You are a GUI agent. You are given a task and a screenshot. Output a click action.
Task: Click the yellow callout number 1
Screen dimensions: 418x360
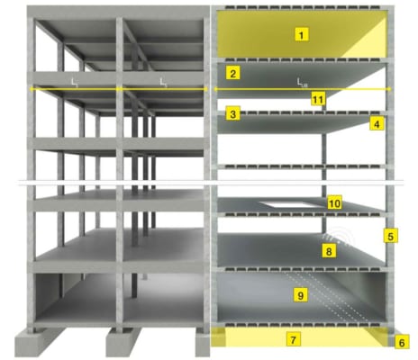(301, 34)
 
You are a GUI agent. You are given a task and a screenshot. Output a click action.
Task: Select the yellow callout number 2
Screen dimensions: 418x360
(232, 73)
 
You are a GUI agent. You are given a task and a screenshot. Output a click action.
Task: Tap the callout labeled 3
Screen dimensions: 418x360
(232, 114)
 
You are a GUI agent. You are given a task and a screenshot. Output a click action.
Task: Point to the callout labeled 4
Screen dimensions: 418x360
(377, 123)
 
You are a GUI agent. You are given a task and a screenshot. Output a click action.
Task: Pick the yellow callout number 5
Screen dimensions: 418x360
(390, 236)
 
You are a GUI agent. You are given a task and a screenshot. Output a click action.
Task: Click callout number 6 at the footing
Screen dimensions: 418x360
(402, 342)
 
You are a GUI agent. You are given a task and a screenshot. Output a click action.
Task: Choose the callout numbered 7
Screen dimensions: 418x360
(293, 339)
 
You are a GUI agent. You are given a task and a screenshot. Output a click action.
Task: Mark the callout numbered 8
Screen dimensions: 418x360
(329, 250)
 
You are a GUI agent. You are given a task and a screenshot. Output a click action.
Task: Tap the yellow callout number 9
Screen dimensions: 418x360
(301, 295)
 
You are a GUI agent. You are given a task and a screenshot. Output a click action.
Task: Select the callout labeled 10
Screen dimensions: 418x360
(334, 203)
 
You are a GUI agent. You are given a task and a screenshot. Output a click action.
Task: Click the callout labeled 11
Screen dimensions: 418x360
(318, 99)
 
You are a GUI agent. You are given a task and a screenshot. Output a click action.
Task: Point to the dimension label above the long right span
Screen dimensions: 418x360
(302, 82)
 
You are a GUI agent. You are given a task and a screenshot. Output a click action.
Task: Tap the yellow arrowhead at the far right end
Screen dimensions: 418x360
(389, 89)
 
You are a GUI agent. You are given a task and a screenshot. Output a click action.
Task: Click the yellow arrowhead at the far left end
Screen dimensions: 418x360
(31, 89)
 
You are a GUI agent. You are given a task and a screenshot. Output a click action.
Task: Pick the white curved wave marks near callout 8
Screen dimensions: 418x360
(340, 237)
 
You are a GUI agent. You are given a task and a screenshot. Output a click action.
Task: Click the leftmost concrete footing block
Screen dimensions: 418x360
(38, 342)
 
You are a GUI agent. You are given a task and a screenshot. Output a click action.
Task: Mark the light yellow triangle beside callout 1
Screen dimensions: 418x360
(370, 42)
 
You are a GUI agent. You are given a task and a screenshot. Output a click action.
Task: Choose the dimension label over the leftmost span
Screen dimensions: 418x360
(75, 82)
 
